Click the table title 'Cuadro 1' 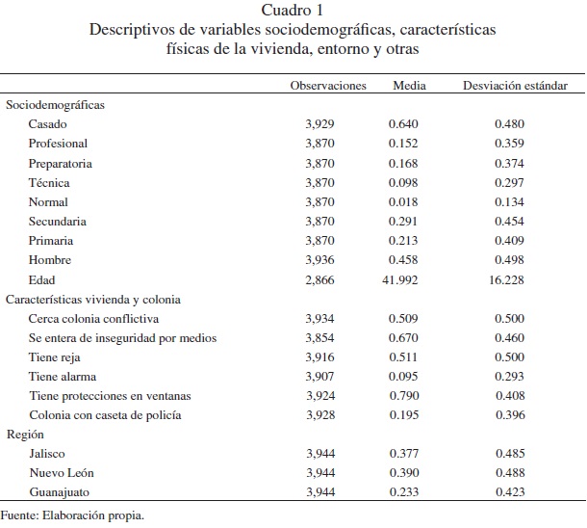pyautogui.click(x=293, y=11)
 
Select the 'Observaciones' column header pyautogui.click(x=328, y=86)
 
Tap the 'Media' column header pyautogui.click(x=410, y=86)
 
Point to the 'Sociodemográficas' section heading pyautogui.click(x=55, y=105)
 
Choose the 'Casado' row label pyautogui.click(x=48, y=124)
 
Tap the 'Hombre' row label pyautogui.click(x=50, y=260)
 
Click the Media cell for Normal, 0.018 pyautogui.click(x=405, y=202)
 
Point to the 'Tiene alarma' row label pyautogui.click(x=63, y=376)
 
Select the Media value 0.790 pyautogui.click(x=405, y=395)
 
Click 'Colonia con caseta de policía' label pyautogui.click(x=105, y=414)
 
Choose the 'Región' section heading pyautogui.click(x=25, y=434)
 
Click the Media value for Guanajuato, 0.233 pyautogui.click(x=405, y=491)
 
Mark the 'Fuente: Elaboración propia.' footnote pyautogui.click(x=72, y=515)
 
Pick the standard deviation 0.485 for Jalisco pyautogui.click(x=509, y=453)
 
